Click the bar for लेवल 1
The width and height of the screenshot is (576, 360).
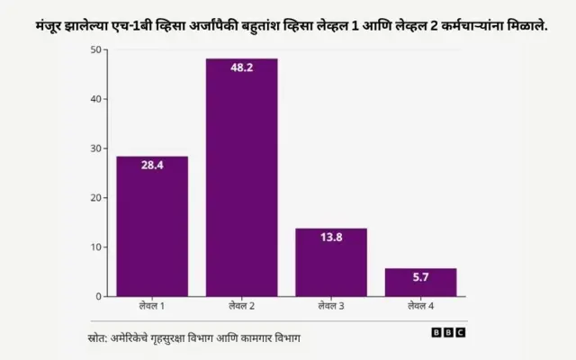(151, 227)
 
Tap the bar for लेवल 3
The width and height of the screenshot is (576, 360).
(331, 263)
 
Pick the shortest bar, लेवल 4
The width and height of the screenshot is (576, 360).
(420, 283)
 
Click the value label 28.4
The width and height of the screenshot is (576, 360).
(151, 165)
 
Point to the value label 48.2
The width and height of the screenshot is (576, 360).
(241, 67)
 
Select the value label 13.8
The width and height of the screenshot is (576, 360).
(331, 237)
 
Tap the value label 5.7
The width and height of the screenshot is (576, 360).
(420, 277)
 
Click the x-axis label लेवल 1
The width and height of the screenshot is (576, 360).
(151, 307)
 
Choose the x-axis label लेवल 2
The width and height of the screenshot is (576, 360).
(241, 307)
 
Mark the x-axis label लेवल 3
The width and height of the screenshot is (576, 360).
(331, 307)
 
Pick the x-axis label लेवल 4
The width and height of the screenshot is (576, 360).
(420, 307)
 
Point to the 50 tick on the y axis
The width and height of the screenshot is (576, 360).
(95, 49)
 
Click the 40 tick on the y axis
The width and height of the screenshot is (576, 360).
(95, 99)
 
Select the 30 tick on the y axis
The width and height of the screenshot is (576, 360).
(95, 148)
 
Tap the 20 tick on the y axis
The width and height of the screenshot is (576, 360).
(95, 197)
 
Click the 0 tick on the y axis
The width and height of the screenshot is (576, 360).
(98, 296)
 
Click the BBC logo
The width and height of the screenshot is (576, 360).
(448, 332)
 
